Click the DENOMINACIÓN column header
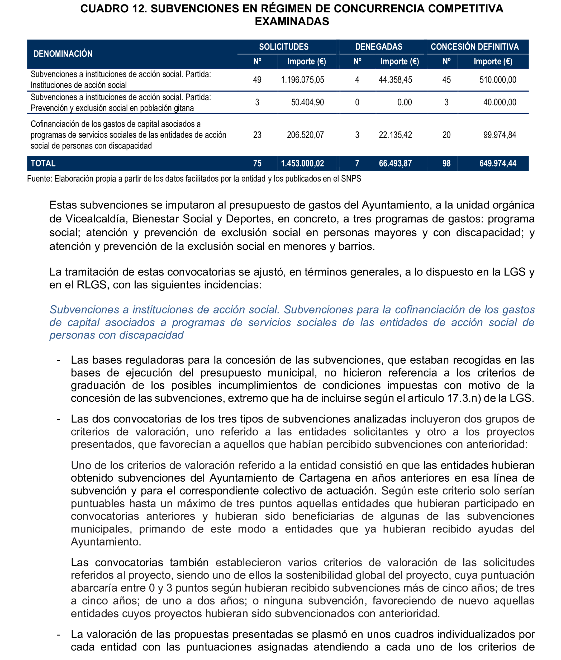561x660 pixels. click(63, 54)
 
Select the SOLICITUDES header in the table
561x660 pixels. click(283, 47)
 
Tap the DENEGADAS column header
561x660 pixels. click(378, 47)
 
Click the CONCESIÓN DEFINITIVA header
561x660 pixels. click(474, 47)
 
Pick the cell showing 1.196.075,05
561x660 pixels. click(302, 80)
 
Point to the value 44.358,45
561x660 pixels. click(395, 80)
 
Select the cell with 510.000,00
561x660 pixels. click(497, 80)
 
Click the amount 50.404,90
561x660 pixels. click(307, 102)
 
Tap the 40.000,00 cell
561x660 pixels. click(499, 102)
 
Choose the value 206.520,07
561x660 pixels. click(305, 135)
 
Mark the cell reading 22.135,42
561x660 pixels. click(395, 135)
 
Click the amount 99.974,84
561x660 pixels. click(499, 135)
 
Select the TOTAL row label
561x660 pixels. click(43, 164)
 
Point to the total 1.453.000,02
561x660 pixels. click(302, 164)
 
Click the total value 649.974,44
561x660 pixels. click(497, 164)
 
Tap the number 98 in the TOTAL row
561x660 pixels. click(446, 164)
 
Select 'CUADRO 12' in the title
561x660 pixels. click(113, 9)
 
